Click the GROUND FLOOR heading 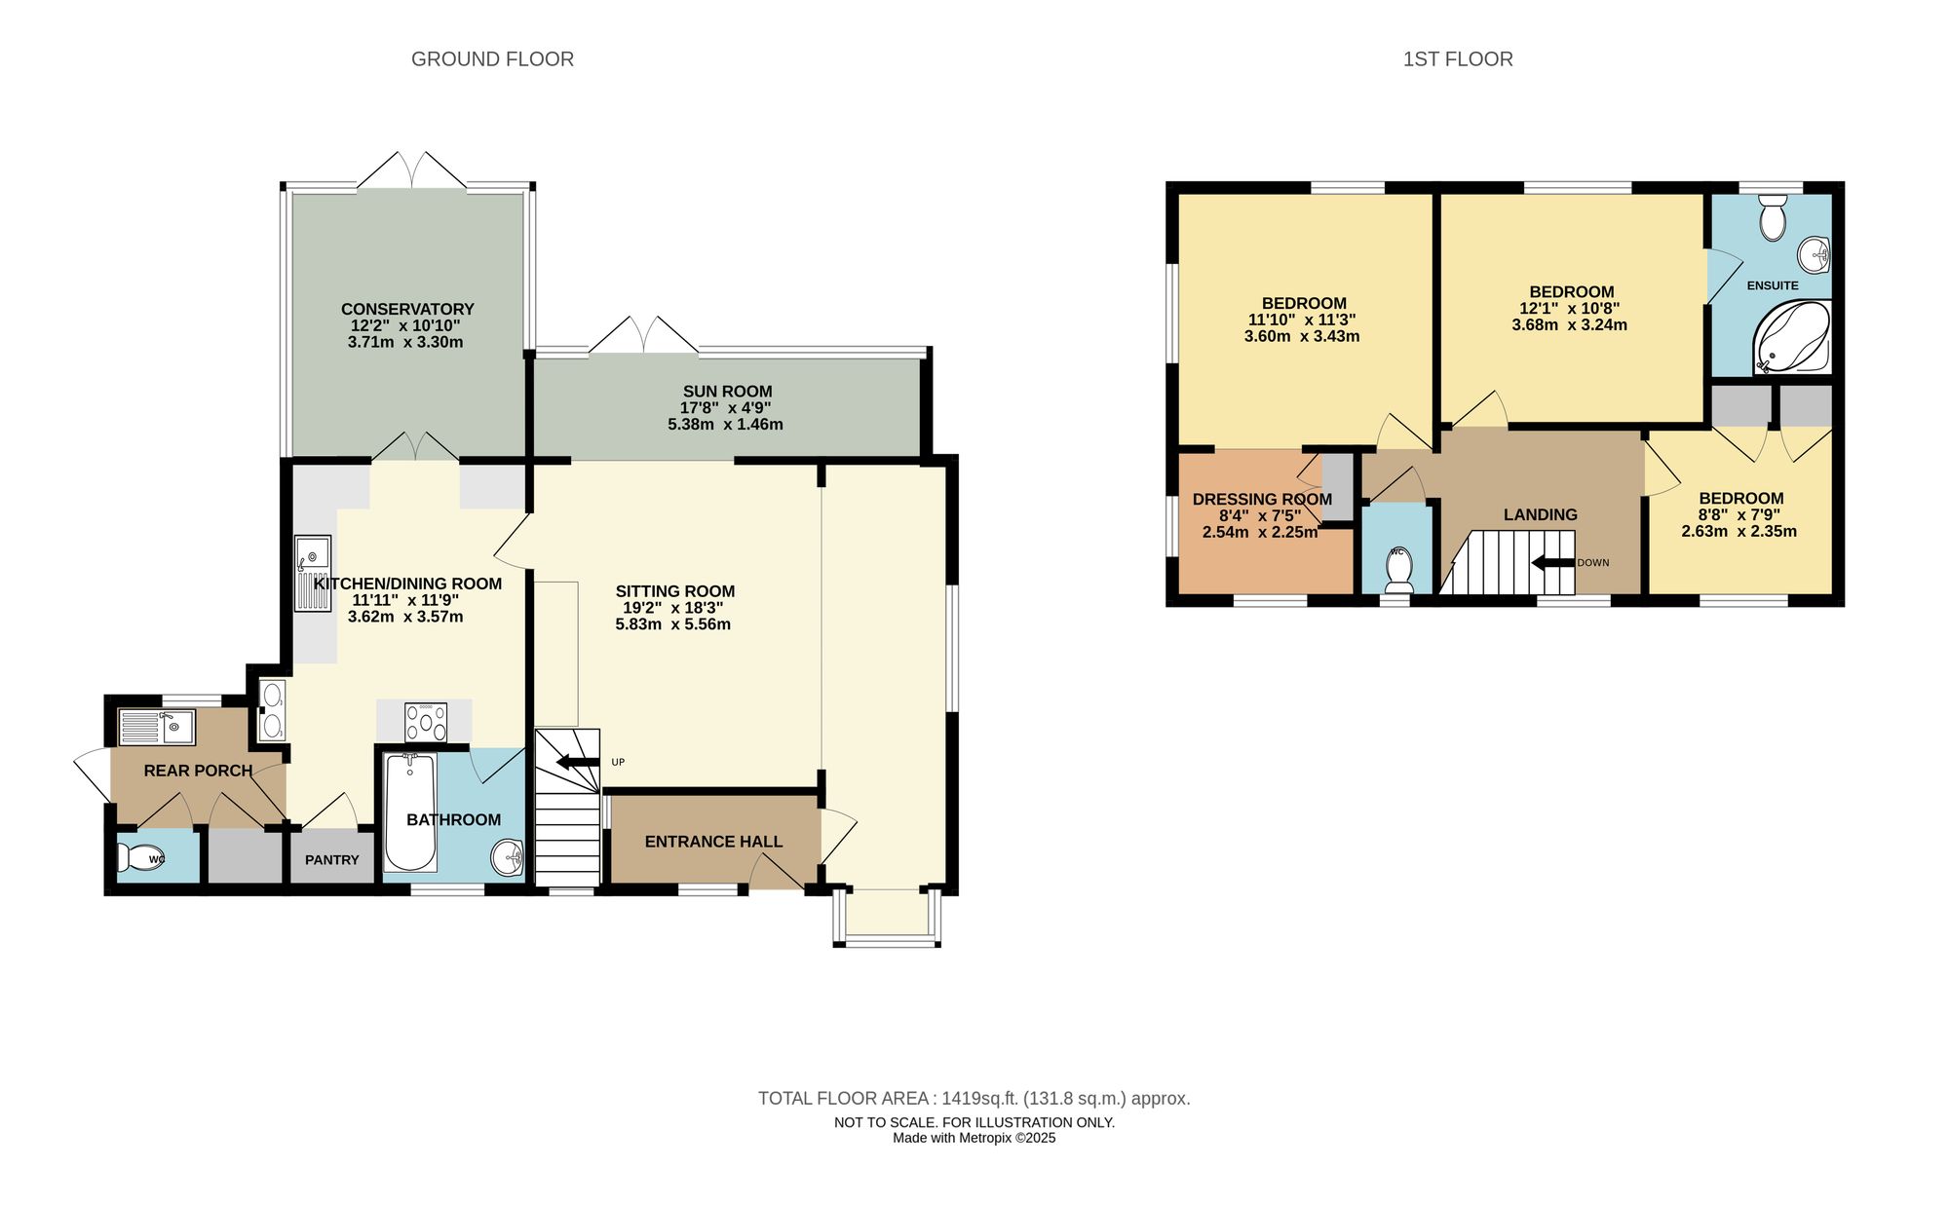[492, 59]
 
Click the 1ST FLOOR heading [1457, 59]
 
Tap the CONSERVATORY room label [407, 309]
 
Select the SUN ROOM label [727, 392]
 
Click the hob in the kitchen [426, 722]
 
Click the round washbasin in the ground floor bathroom [508, 858]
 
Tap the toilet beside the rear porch [139, 858]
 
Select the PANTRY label [331, 860]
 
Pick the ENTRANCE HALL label [713, 842]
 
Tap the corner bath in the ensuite [1795, 339]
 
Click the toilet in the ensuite [1773, 218]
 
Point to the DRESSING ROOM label [1262, 499]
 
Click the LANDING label [1540, 514]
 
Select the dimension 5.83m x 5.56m [672, 624]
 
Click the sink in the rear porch [156, 726]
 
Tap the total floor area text [974, 1099]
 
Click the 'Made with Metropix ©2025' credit [974, 1138]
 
